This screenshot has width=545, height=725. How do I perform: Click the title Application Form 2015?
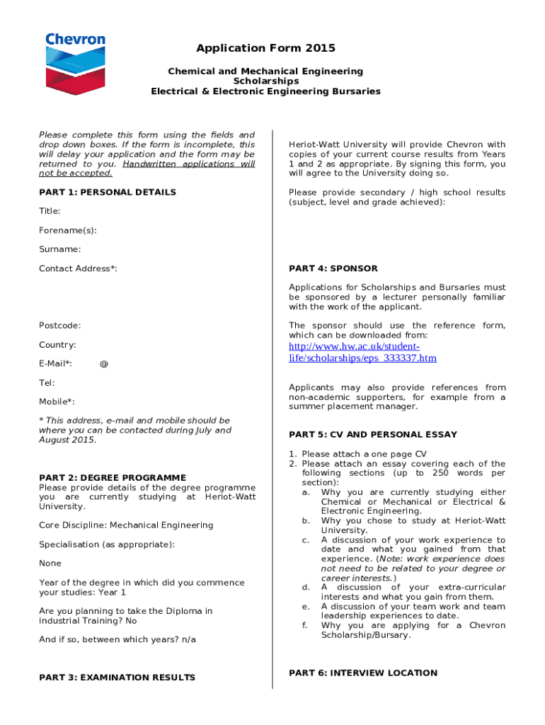click(265, 48)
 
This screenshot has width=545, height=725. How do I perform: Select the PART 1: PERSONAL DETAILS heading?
click(108, 192)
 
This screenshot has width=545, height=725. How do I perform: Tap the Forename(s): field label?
click(68, 230)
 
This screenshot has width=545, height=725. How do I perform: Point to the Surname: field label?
click(59, 249)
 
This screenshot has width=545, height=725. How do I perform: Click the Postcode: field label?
click(59, 326)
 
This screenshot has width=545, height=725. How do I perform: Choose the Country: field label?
click(57, 345)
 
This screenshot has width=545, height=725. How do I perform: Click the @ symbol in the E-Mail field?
click(104, 364)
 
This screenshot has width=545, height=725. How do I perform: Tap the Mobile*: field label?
click(57, 402)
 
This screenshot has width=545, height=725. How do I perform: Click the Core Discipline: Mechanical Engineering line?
click(126, 525)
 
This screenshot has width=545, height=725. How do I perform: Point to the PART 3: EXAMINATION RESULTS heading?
click(117, 678)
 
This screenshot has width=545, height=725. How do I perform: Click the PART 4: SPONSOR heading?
click(333, 268)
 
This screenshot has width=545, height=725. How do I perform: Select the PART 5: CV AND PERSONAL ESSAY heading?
click(373, 435)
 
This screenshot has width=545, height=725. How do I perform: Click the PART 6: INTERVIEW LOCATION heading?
click(363, 673)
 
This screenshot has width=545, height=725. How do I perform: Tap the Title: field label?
click(50, 211)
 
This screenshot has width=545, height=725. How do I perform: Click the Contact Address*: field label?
click(78, 268)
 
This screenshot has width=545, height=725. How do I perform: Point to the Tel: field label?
click(47, 383)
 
